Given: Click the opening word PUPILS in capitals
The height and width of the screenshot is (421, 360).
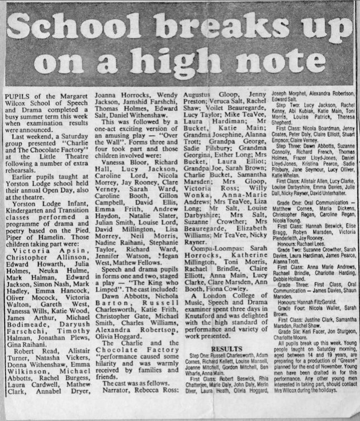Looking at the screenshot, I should click(x=17, y=96).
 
